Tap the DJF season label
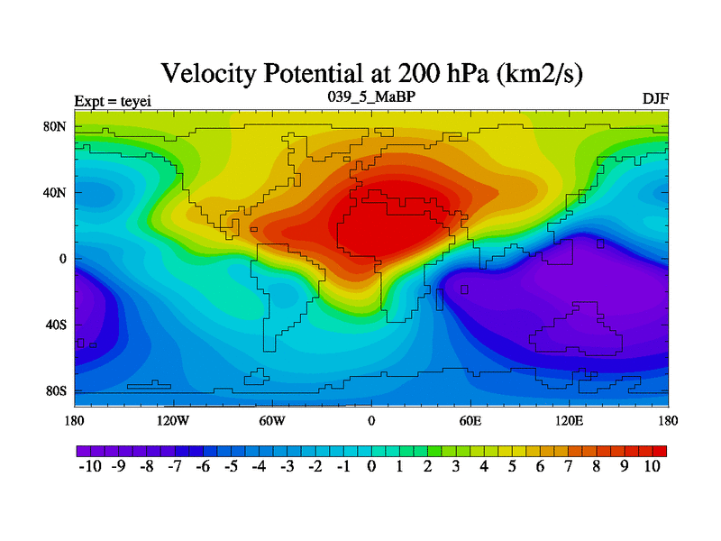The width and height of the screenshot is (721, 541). (x=655, y=97)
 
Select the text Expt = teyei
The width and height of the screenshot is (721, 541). (x=108, y=98)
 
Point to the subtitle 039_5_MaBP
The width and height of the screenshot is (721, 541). (x=370, y=95)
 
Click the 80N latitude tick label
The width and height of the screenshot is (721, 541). (x=57, y=126)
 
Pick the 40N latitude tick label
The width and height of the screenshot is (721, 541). (x=57, y=192)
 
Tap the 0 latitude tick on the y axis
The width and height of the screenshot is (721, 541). (x=64, y=259)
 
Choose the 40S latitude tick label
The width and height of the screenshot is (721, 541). (x=57, y=325)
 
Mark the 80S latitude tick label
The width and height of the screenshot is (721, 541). (x=57, y=391)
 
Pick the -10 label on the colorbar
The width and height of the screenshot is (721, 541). (x=91, y=466)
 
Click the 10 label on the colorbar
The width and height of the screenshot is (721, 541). (x=652, y=466)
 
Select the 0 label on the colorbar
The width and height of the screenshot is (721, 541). (x=371, y=466)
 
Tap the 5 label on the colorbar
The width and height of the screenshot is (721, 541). (x=512, y=466)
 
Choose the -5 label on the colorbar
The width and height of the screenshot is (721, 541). (x=232, y=466)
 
